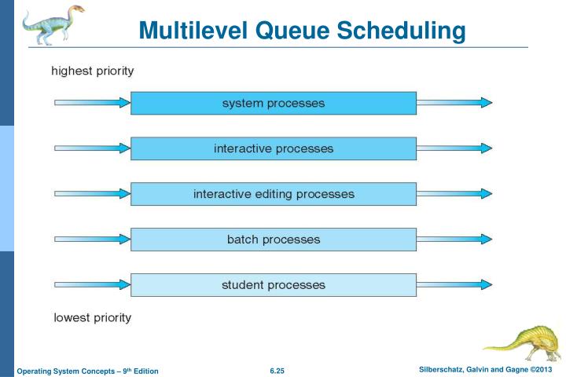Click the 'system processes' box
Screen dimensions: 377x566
(273, 103)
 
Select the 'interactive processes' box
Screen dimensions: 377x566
(273, 148)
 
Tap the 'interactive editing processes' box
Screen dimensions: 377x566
(273, 194)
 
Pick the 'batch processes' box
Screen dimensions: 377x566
(273, 240)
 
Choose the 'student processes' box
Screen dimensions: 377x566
(273, 284)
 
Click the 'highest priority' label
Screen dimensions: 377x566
(92, 71)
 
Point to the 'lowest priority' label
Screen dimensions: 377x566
(92, 318)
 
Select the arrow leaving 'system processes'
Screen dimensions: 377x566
(454, 103)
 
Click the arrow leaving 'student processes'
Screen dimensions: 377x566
(454, 284)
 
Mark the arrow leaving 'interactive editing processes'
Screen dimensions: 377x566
(454, 194)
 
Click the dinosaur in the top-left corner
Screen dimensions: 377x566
(50, 25)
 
